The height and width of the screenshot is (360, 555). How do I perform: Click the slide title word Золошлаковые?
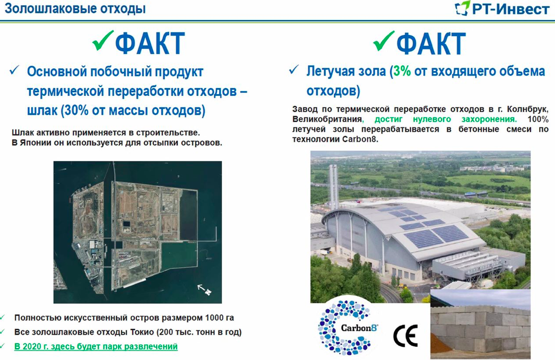click(50, 9)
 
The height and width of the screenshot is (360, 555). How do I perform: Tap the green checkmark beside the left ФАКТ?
click(103, 40)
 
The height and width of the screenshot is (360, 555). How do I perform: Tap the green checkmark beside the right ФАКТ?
click(384, 41)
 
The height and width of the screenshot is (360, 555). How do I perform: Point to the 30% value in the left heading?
click(77, 110)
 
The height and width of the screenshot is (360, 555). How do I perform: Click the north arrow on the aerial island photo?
click(204, 289)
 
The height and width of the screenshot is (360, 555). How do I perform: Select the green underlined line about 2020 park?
click(96, 346)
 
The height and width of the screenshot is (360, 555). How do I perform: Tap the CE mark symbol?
click(406, 336)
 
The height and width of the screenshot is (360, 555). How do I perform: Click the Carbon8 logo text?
click(359, 328)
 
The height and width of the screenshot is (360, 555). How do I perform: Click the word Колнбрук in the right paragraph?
click(527, 109)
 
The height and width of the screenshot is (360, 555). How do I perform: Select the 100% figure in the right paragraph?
click(537, 119)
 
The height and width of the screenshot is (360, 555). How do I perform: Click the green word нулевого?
click(431, 119)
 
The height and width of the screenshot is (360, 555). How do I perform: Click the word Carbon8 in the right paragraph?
click(360, 139)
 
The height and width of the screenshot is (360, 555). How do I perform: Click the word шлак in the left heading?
click(42, 110)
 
